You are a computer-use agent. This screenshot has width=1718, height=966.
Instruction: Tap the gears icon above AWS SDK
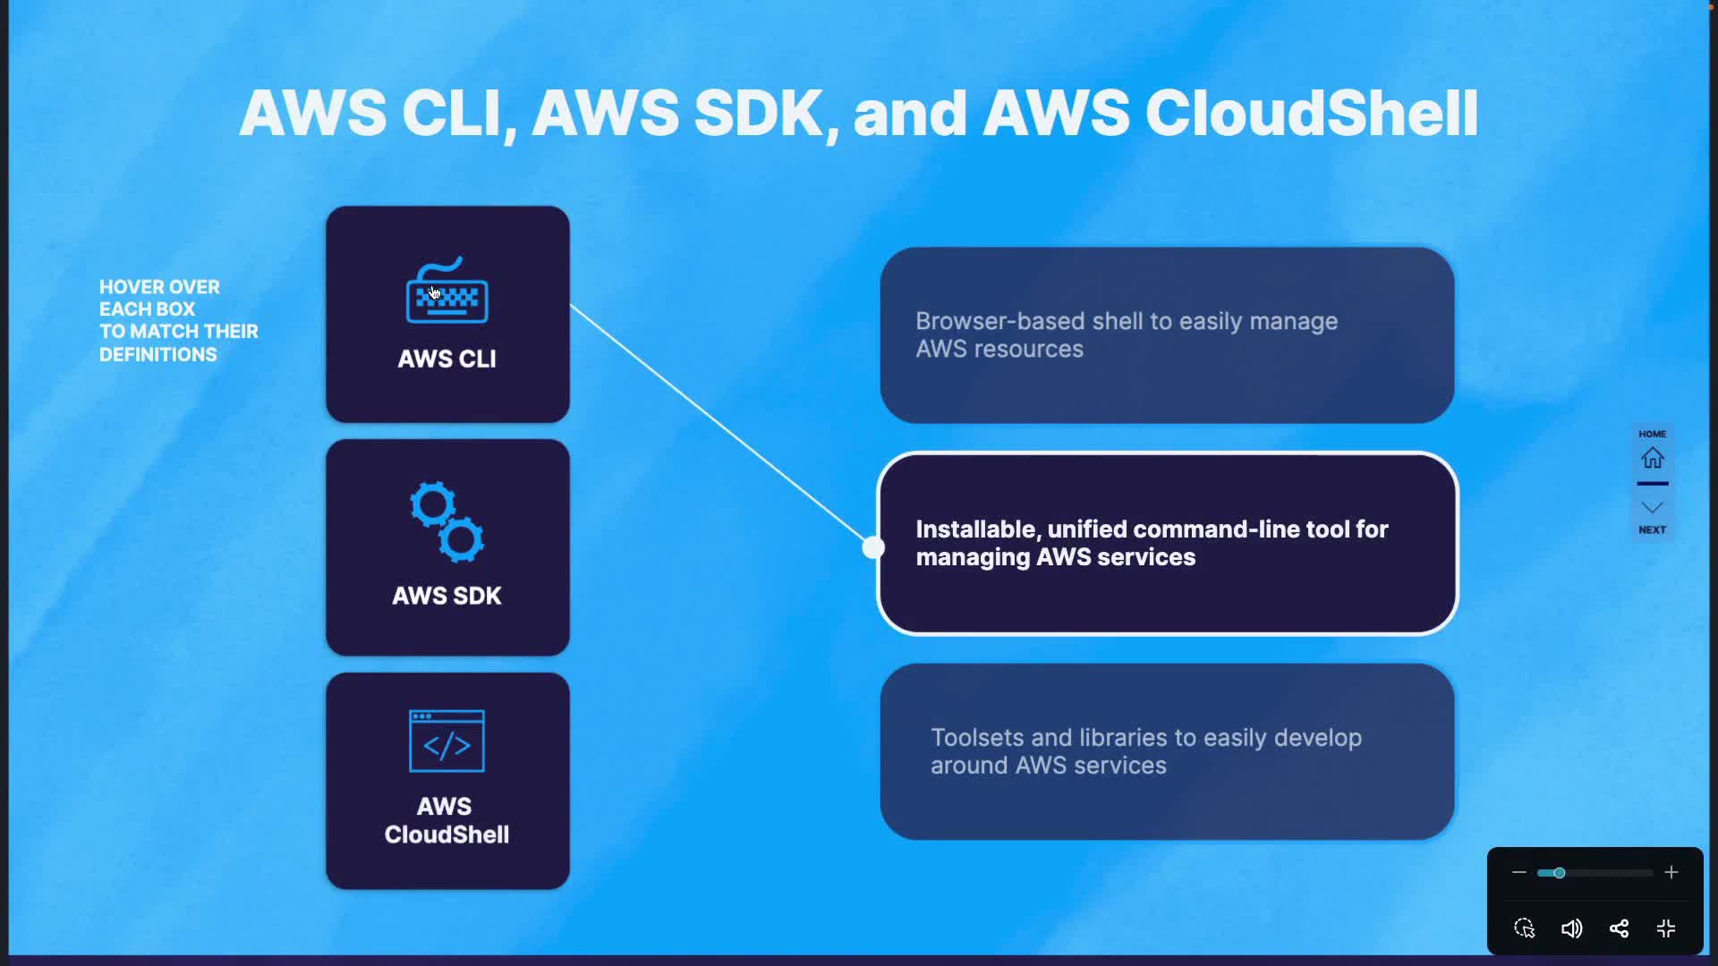point(447,522)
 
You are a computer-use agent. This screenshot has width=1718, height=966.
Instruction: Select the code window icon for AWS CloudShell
point(447,741)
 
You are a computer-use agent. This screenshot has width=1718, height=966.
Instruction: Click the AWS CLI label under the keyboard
point(447,359)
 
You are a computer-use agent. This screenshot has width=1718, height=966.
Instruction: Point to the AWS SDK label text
point(447,596)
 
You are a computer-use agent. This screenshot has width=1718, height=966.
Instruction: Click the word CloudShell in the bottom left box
point(447,835)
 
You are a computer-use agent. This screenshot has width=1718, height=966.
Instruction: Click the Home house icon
point(1652,458)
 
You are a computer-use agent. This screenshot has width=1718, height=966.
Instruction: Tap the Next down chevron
point(1652,508)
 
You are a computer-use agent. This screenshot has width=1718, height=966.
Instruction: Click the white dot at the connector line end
point(873,547)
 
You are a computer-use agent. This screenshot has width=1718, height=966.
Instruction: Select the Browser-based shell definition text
point(1126,335)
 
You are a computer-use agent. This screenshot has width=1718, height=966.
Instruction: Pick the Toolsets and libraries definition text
point(1145,751)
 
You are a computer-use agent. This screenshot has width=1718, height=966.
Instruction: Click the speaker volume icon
point(1571,928)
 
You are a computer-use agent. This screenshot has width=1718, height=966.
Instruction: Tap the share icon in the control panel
point(1619,928)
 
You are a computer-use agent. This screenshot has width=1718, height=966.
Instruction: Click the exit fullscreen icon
point(1666,928)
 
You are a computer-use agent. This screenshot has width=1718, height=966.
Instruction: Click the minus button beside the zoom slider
point(1518,872)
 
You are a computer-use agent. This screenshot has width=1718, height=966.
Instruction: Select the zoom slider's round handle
point(1559,872)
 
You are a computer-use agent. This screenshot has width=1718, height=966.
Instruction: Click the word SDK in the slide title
point(758,114)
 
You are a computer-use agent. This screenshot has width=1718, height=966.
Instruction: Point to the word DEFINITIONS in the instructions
point(158,355)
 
